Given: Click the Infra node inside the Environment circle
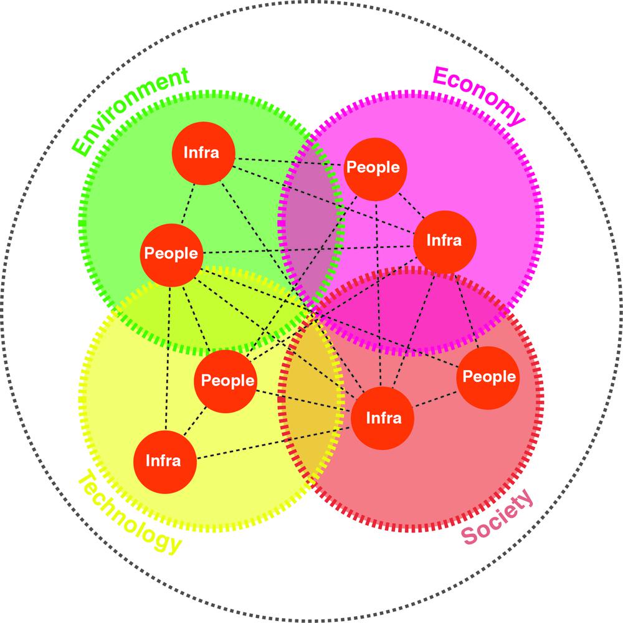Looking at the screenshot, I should coord(201,153).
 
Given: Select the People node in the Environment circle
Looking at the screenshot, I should coord(171,254).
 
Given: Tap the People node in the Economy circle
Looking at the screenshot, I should coord(373,168).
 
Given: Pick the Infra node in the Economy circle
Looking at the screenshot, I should coord(444,241).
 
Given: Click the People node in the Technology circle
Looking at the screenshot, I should coord(227,381).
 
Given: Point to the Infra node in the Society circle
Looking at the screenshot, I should coord(383,418).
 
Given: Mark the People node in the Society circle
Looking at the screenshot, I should coord(489,377).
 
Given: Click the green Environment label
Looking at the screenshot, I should coord(130,112).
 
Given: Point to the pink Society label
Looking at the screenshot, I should coord(498,516).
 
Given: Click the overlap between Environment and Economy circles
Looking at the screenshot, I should coord(311,212).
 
